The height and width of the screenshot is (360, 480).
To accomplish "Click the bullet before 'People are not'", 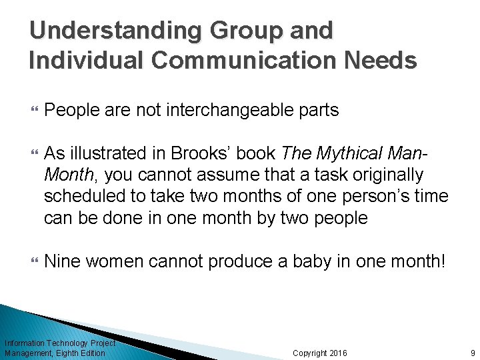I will (33, 110).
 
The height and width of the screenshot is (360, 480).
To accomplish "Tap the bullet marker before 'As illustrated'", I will (33, 154).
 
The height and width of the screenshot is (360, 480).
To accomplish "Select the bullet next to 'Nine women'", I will (33, 262).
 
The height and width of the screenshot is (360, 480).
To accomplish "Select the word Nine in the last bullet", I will (61, 262).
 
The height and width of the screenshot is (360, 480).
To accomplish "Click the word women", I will (114, 262).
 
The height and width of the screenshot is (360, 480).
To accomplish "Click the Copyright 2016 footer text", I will (320, 353).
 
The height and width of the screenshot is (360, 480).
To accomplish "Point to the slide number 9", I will (472, 353).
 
